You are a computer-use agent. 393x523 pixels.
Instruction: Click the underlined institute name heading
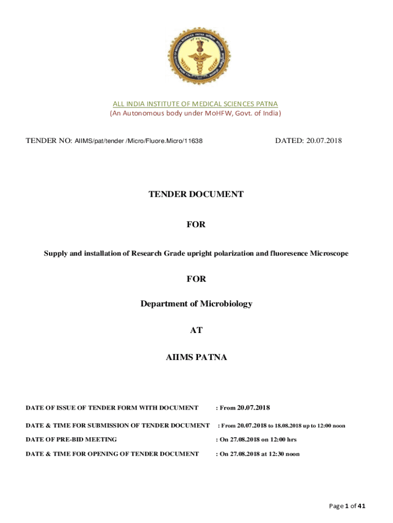click(x=195, y=104)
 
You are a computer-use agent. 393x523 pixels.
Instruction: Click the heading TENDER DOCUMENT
click(x=196, y=194)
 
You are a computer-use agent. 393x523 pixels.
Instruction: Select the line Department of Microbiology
click(x=196, y=304)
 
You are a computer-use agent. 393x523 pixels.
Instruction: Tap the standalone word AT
click(x=196, y=330)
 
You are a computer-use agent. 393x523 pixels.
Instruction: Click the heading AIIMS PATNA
click(x=196, y=358)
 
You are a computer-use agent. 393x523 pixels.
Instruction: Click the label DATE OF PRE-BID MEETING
click(x=71, y=439)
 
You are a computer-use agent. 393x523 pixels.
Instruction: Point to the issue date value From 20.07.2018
click(x=243, y=408)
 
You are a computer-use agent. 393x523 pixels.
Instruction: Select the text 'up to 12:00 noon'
click(x=322, y=425)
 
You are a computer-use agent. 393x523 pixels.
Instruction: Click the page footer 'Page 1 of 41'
click(x=347, y=506)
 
